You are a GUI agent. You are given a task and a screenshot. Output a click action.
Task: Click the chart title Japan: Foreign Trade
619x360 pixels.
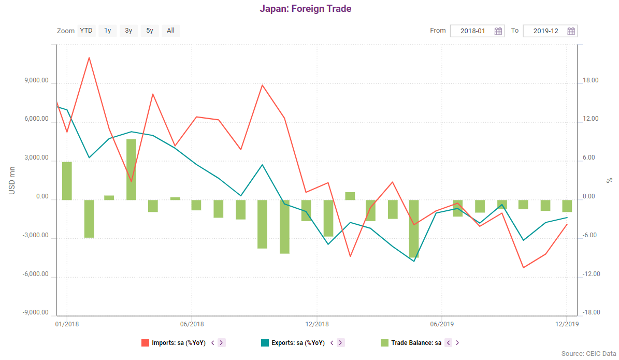tap(305, 9)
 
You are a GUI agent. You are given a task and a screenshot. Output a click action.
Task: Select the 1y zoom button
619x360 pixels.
tap(107, 31)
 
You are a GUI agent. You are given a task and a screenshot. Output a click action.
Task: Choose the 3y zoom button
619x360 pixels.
tap(128, 31)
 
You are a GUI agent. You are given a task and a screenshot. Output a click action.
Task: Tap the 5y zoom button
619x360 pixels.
tap(150, 31)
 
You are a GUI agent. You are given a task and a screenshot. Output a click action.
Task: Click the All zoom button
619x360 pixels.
tap(170, 31)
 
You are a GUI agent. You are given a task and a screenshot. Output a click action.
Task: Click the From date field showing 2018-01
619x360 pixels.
tap(472, 31)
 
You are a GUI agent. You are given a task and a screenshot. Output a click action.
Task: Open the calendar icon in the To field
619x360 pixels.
tap(571, 31)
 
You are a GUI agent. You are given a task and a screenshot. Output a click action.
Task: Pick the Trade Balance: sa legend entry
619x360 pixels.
tap(416, 343)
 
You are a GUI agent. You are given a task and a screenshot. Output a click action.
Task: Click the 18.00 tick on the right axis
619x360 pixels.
tap(591, 81)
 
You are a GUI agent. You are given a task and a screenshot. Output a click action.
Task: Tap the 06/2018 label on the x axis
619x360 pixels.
tap(192, 324)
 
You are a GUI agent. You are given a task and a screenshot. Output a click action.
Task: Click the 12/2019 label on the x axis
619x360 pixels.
tap(566, 324)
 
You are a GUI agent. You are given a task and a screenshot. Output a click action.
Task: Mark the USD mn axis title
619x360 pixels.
tap(12, 180)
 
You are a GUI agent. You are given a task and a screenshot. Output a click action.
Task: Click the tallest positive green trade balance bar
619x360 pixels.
tap(131, 169)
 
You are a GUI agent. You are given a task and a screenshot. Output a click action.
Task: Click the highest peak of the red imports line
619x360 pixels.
tap(89, 57)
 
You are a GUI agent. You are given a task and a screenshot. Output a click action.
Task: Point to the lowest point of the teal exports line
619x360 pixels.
tap(414, 261)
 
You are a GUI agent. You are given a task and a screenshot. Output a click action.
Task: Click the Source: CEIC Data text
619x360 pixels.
tap(588, 354)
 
